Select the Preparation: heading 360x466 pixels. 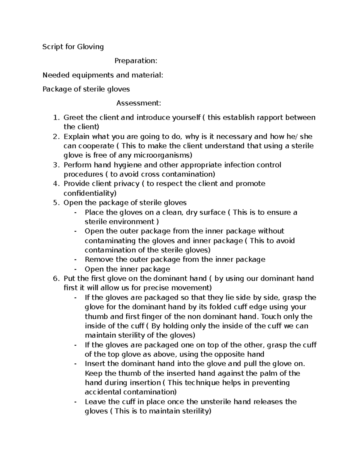[x=136, y=61]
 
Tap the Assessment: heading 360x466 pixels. [x=139, y=103]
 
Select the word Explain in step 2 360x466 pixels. [x=76, y=137]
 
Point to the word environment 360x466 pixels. [x=130, y=222]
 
